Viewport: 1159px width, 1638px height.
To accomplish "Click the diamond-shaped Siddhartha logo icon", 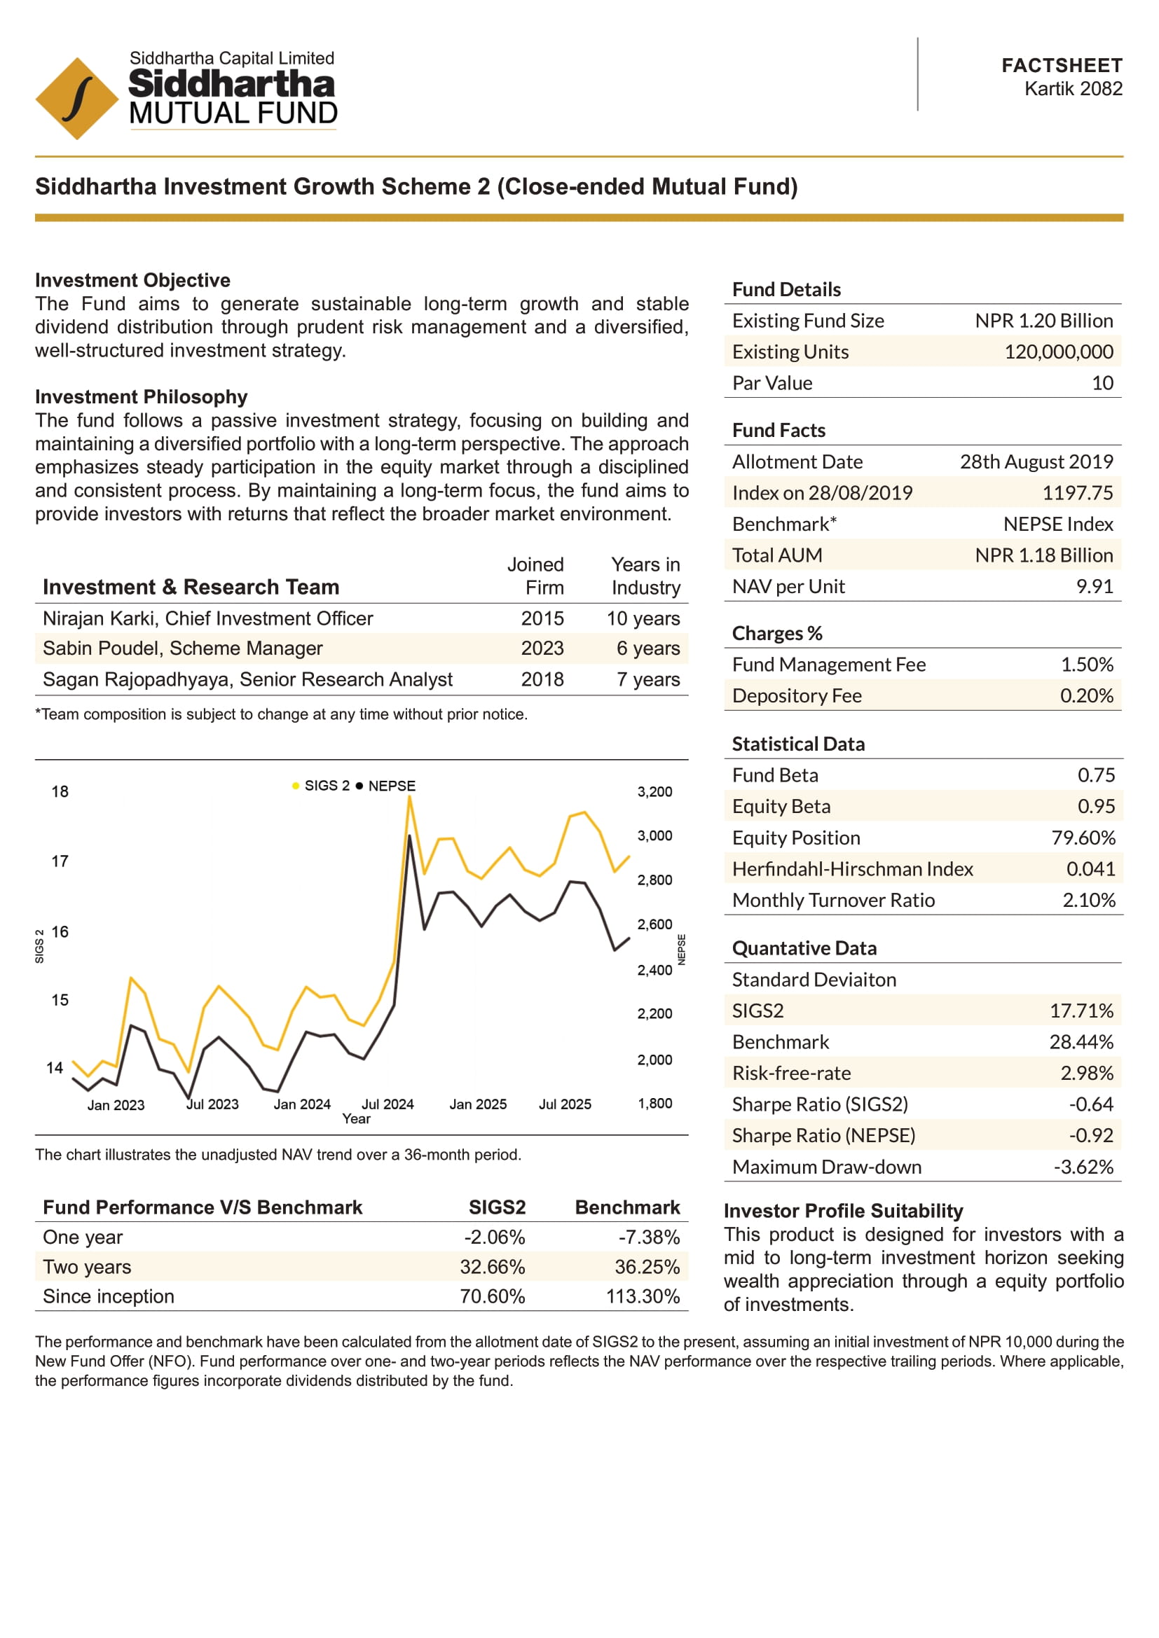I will pos(76,99).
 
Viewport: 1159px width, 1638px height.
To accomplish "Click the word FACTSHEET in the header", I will pos(1061,66).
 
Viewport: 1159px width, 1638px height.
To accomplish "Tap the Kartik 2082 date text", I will pos(1073,89).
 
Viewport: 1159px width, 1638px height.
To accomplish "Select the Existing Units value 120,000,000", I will pos(1058,352).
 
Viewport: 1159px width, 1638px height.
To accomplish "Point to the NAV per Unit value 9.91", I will pos(1094,586).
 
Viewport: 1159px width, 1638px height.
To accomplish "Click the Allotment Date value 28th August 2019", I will pos(1036,461).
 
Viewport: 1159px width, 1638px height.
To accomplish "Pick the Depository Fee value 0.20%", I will pos(1085,695).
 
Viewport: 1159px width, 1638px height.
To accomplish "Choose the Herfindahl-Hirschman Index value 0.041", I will pos(1090,869).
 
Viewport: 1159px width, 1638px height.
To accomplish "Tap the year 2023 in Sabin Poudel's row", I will pos(542,648).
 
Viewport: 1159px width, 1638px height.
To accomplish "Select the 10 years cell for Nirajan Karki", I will pos(643,618).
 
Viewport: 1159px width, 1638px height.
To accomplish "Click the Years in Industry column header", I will pos(645,576).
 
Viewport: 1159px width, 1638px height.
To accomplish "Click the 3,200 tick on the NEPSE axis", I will pos(654,792).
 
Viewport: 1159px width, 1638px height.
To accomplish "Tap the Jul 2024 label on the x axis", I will pos(388,1104).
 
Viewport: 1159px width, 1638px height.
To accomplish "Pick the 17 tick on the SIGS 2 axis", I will pos(60,861).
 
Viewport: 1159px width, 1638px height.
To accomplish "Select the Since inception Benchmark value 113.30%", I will pos(643,1296).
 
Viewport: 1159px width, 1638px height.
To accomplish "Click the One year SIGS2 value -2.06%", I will pos(494,1237).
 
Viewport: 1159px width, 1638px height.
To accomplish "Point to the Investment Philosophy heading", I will pos(142,396).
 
